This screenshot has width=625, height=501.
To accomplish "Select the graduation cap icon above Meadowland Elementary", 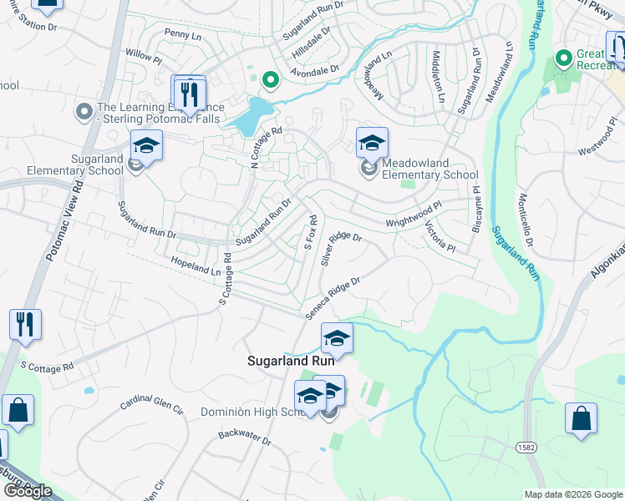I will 372,143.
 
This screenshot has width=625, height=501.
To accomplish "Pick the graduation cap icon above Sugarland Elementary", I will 146,145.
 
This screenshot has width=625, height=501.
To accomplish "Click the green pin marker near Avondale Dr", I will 270,80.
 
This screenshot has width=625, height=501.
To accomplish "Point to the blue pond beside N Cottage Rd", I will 254,117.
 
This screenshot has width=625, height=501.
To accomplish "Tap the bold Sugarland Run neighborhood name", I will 291,361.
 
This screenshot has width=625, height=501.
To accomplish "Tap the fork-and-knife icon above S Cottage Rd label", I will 25,323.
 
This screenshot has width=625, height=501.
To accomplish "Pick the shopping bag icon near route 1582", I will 581,417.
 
